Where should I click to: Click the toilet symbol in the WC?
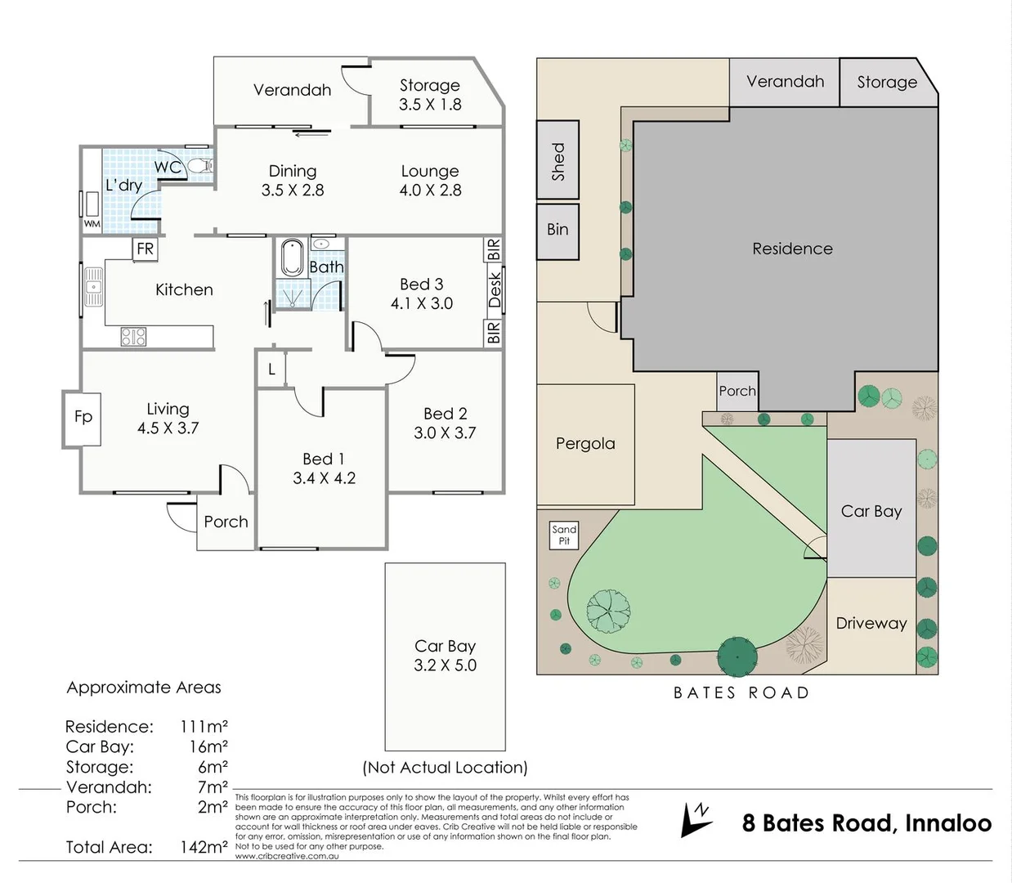tap(199, 166)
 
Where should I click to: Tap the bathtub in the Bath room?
tap(291, 257)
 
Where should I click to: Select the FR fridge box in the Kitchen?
tap(145, 249)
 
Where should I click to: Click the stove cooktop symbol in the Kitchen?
tap(133, 336)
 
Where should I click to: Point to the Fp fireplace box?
tap(83, 417)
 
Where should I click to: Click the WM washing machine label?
tap(92, 223)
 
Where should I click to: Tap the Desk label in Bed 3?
tap(494, 290)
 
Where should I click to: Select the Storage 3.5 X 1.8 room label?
tap(430, 95)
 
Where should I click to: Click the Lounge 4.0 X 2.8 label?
tap(430, 181)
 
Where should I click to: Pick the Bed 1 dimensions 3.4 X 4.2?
tap(325, 478)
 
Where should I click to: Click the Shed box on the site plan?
tap(558, 160)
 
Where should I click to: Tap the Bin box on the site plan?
tap(557, 230)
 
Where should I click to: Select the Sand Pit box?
tap(564, 535)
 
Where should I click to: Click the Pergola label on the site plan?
tap(585, 444)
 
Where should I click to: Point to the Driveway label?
tap(871, 623)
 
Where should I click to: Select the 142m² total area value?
tap(204, 847)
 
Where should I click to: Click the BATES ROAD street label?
tap(741, 693)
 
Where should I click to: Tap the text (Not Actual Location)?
tap(446, 768)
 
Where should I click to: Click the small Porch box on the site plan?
tap(737, 391)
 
